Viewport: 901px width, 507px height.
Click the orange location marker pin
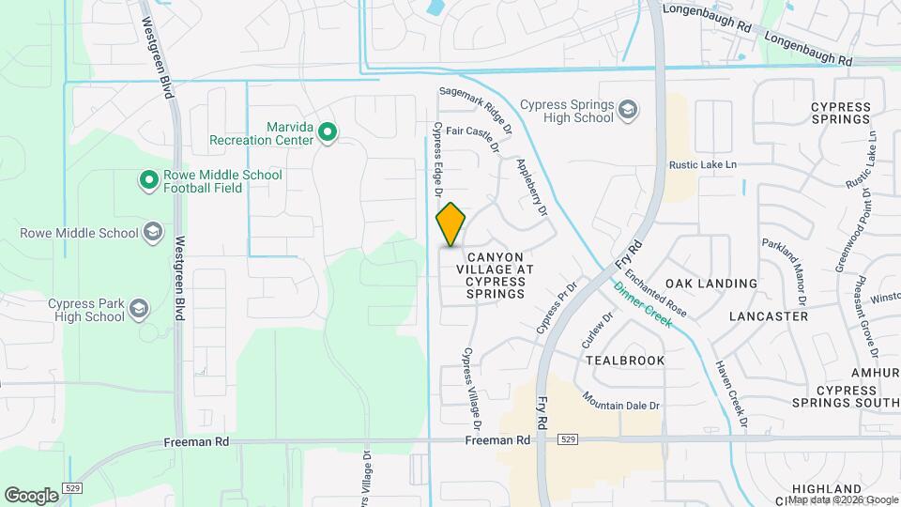coord(451,224)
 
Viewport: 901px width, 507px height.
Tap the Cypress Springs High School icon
coord(627,112)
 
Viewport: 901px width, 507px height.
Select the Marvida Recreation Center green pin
coord(327,133)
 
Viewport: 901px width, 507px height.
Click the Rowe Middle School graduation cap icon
coord(152,233)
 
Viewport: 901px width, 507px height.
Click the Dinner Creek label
coord(644,305)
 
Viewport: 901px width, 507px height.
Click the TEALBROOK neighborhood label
coord(624,361)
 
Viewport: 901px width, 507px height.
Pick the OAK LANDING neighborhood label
coord(710,284)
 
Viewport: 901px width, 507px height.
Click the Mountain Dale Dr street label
coord(621,401)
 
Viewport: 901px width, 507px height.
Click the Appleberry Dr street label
coord(531,187)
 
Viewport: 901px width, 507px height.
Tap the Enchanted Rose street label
coord(655,293)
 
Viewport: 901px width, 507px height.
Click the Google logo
coord(32,495)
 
